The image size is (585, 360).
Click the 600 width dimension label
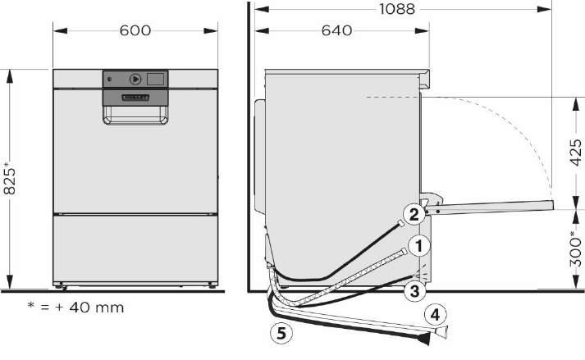(135, 30)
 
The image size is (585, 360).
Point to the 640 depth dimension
(336, 30)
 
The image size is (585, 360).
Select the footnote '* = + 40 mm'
(75, 308)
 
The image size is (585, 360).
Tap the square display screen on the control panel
(153, 79)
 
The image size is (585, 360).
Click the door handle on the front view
(136, 114)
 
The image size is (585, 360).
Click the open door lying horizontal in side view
(492, 207)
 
